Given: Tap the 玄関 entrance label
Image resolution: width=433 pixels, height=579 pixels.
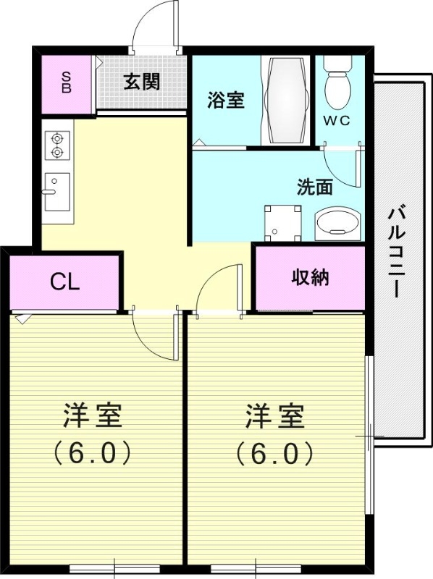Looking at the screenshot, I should [140, 82].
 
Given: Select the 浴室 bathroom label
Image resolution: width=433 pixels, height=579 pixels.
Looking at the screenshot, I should [224, 100].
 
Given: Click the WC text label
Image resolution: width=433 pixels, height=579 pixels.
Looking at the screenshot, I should [337, 121].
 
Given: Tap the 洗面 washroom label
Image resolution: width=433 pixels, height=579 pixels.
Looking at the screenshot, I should [315, 187].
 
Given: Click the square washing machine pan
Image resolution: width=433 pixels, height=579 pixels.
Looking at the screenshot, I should [282, 222].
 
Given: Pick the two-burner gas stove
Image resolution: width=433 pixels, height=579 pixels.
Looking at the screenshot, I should [56, 145].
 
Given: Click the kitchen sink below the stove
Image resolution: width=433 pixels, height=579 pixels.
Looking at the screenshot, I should [56, 191].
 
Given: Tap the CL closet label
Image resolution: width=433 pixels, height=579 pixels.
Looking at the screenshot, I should [64, 282].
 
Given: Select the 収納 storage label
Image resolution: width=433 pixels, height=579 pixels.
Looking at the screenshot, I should [310, 277].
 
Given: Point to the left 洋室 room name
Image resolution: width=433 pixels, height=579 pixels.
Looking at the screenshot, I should [92, 417].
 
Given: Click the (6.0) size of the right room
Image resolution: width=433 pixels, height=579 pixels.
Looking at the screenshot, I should [274, 453].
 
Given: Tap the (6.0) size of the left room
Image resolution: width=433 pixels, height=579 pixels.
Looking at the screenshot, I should [92, 453].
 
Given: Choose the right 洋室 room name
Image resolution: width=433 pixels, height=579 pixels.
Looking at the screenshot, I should [274, 417].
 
